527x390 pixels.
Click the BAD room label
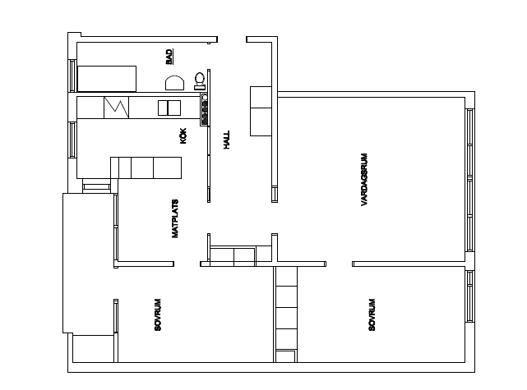click(169, 57)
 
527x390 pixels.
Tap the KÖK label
click(183, 136)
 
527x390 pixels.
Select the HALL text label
click(227, 140)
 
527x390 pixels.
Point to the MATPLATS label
click(175, 219)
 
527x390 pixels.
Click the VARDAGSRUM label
click(364, 180)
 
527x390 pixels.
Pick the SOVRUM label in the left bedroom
click(158, 314)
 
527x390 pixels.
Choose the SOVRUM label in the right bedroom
click(372, 314)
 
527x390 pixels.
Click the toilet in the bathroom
click(200, 81)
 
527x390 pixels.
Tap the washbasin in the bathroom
click(174, 83)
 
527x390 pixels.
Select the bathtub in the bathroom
click(107, 79)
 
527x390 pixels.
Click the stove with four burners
click(205, 109)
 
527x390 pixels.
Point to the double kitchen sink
click(169, 108)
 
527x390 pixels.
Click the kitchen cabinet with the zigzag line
click(116, 108)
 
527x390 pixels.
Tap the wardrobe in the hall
click(261, 111)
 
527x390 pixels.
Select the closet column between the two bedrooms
click(286, 314)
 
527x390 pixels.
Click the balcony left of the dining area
click(88, 263)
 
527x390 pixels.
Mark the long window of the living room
click(470, 180)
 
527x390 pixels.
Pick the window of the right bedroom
click(470, 296)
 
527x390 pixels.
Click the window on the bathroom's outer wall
click(72, 76)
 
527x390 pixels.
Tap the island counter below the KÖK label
click(146, 167)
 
